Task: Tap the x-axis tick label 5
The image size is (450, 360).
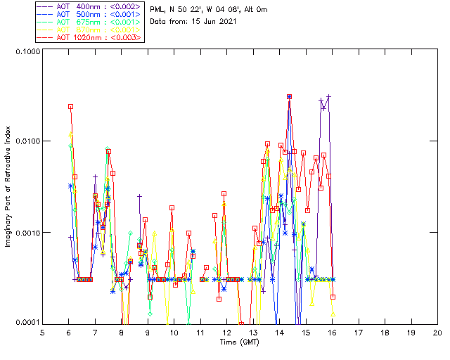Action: [x=42, y=333]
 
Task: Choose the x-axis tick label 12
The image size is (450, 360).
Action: [x=226, y=333]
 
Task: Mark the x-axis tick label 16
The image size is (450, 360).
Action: [x=332, y=333]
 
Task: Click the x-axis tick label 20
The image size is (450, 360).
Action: [x=437, y=333]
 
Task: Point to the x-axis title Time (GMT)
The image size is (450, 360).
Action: [x=239, y=342]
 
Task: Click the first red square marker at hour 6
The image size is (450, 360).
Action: [x=71, y=107]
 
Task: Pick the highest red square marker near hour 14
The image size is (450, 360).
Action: [x=289, y=97]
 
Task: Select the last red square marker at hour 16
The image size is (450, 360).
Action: [x=333, y=297]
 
